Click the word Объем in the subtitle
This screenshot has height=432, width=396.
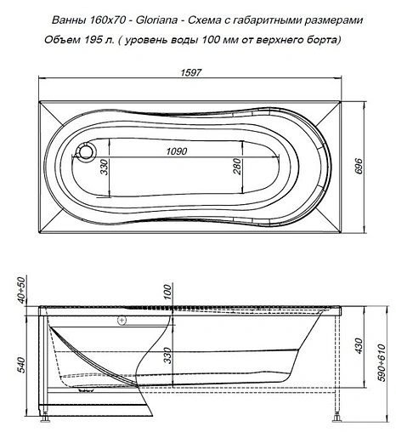tap(60, 39)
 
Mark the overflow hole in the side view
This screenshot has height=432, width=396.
tap(123, 321)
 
